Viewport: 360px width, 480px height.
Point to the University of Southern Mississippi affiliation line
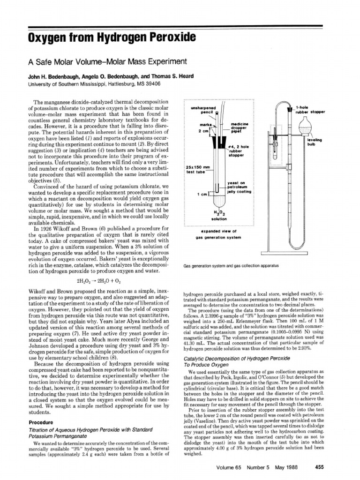[x=94, y=83]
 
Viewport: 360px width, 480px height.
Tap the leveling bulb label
[x=313, y=142]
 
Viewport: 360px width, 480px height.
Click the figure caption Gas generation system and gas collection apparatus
[x=231, y=265]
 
